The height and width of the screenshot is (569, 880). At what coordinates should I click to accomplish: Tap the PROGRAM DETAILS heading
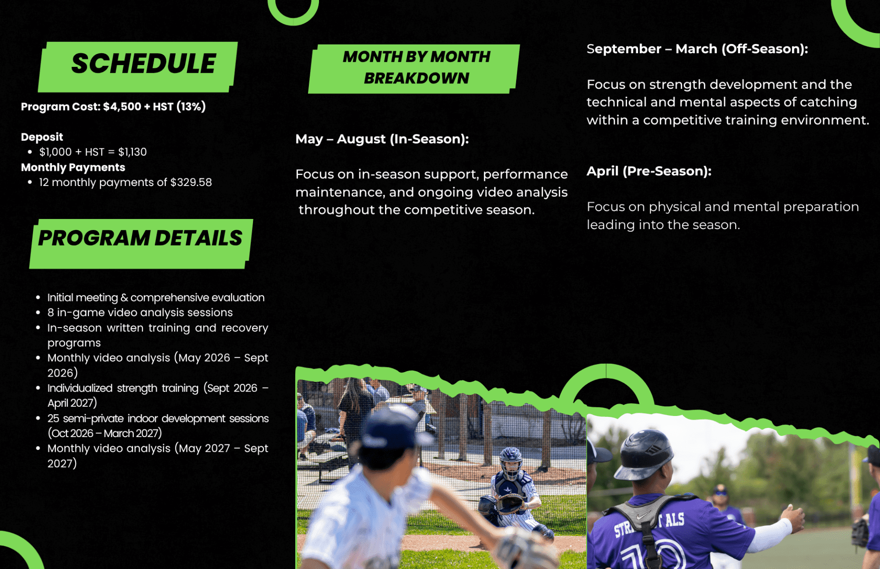(x=140, y=238)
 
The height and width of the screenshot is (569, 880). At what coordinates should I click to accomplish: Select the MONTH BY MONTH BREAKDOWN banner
(x=416, y=67)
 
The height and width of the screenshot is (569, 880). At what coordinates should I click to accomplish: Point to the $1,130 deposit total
(x=132, y=152)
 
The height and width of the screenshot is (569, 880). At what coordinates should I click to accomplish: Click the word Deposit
(x=42, y=137)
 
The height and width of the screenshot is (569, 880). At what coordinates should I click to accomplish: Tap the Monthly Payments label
(x=73, y=167)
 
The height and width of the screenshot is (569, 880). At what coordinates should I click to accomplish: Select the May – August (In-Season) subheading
(x=382, y=139)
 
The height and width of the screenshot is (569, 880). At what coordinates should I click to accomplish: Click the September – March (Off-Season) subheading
(x=697, y=49)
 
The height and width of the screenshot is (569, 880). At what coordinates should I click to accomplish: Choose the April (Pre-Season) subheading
(x=649, y=171)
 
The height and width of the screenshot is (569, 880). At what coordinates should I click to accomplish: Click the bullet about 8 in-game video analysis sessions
(x=140, y=312)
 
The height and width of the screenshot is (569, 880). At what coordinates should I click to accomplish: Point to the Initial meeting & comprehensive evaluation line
(x=156, y=297)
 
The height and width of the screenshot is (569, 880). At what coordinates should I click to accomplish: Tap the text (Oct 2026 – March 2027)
(x=104, y=433)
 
